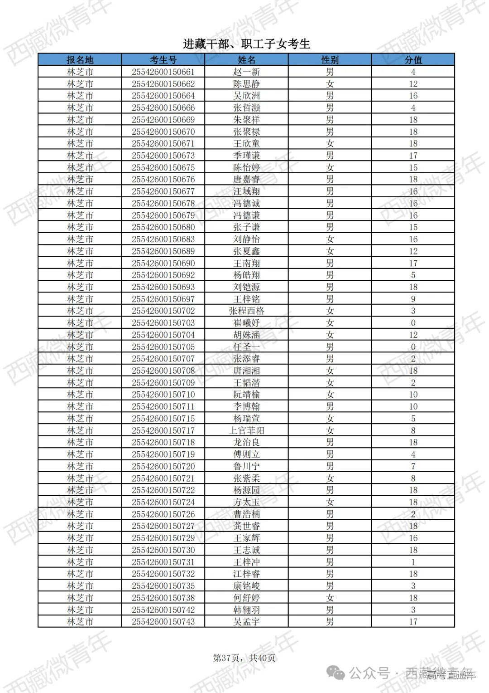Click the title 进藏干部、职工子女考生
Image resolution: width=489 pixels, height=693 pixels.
coord(246,44)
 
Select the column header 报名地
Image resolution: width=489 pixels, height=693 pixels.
coord(80,60)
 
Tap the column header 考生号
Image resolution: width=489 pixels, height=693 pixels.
coord(163,60)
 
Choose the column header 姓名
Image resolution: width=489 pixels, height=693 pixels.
coord(246,60)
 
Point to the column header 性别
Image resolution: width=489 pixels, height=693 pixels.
coord(330,60)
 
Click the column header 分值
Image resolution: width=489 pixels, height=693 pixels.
coord(413,60)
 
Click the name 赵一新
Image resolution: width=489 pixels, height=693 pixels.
coord(246,72)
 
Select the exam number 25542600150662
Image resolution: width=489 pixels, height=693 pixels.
coord(163,84)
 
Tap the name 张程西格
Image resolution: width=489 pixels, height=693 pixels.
coord(246,311)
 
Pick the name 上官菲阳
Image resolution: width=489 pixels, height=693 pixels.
coord(246,430)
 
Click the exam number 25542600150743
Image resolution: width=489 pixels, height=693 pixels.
coord(163,621)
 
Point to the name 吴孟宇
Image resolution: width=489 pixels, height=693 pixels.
coord(246,621)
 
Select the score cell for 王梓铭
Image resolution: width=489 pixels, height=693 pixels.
coord(413,299)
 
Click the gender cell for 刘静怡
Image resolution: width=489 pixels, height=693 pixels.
coord(330,239)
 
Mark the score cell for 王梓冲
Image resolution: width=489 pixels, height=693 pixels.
coord(413,562)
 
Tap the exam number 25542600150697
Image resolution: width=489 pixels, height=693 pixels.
coord(163,299)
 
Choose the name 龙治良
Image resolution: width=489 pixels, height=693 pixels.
coord(246,442)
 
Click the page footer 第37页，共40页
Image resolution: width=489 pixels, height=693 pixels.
coord(244,658)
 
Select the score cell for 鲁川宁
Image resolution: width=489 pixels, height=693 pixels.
coord(413,466)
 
